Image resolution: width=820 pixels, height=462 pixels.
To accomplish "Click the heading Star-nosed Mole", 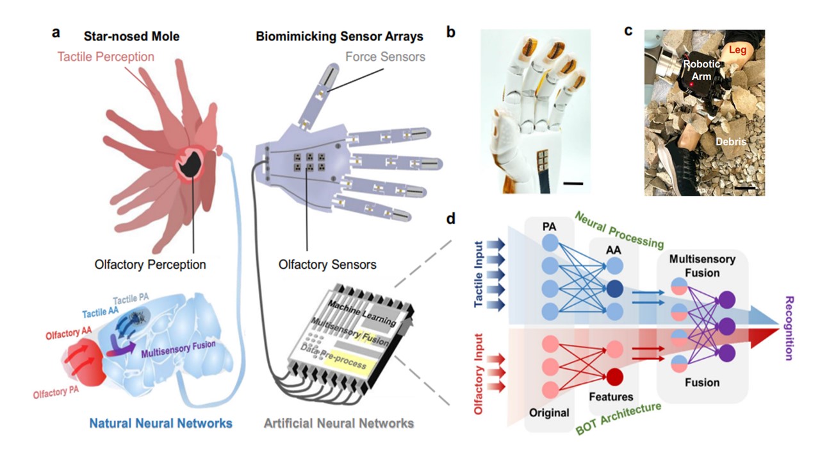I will (132, 37).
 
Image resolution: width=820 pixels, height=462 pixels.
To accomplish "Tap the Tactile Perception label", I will (106, 56).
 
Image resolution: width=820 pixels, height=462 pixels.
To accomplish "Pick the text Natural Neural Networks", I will (160, 424).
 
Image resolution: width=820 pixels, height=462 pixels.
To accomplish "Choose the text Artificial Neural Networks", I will (339, 424).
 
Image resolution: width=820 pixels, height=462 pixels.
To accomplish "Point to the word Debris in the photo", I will (731, 141).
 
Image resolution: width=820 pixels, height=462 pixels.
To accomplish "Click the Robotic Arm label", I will (701, 70).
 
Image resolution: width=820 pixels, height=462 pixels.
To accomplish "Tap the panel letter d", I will (451, 219).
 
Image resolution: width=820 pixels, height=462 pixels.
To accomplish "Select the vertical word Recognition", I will (789, 327).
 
